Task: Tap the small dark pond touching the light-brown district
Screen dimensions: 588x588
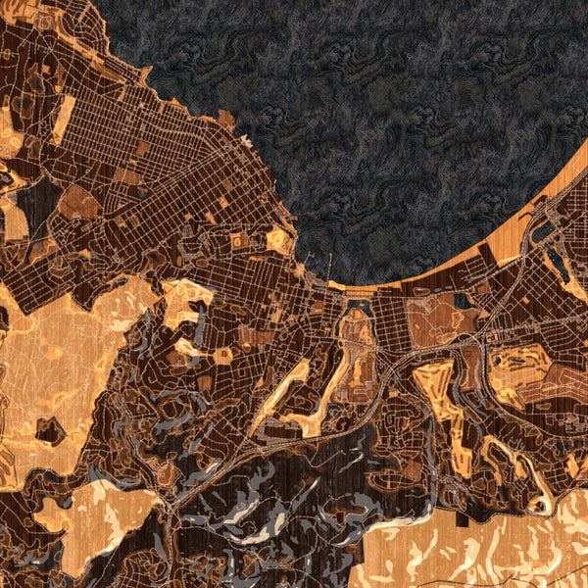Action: [462, 300]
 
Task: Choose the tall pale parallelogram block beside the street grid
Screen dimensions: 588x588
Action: [63, 119]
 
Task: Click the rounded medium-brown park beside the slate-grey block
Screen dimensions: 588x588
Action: [77, 201]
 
